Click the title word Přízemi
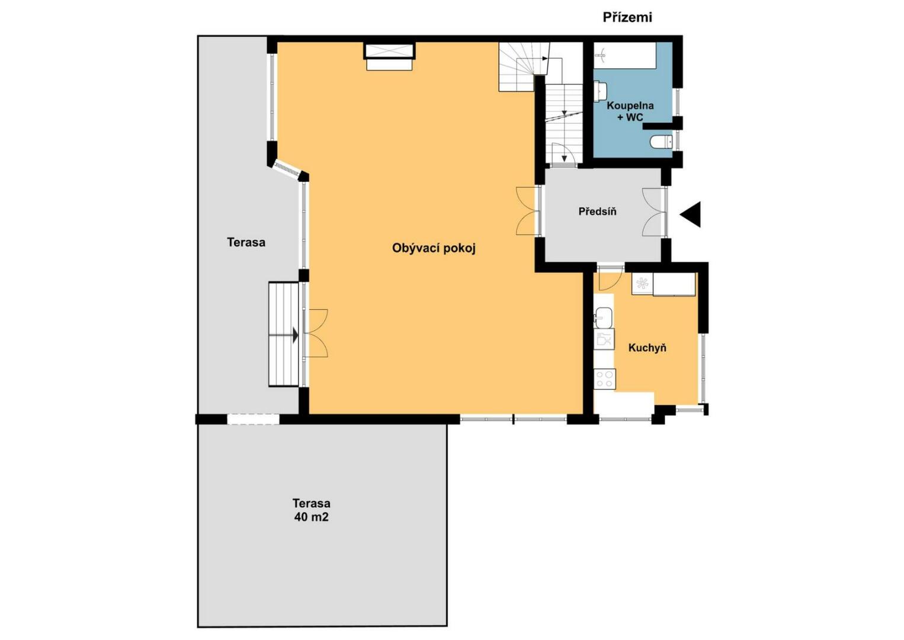click(627, 17)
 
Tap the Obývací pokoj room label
click(434, 248)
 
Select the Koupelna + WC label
click(630, 111)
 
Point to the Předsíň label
click(597, 211)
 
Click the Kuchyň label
click(647, 347)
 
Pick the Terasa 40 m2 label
click(311, 510)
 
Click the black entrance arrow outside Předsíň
click(690, 214)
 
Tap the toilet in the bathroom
click(661, 142)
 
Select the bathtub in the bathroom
click(625, 55)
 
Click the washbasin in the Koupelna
click(601, 91)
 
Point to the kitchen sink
click(604, 318)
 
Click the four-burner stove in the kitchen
click(605, 379)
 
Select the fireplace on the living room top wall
click(389, 56)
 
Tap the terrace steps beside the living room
click(284, 334)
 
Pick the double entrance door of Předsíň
click(654, 212)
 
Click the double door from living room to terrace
click(316, 333)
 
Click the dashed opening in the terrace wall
click(253, 419)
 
